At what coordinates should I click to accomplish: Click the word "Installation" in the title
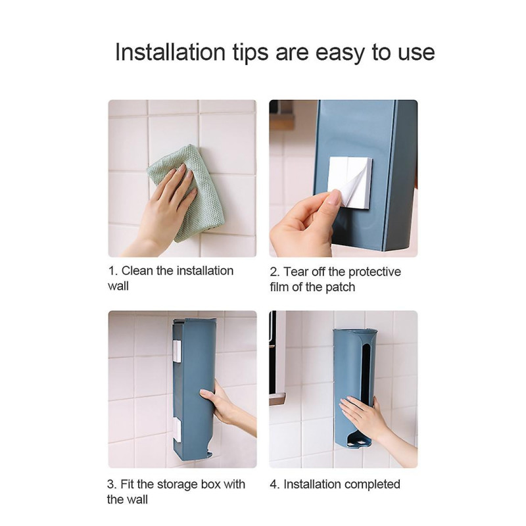170,53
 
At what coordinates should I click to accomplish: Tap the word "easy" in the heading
339,54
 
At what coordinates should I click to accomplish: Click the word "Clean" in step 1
137,271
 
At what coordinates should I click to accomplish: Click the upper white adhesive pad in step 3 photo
177,351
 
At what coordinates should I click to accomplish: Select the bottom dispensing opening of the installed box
359,441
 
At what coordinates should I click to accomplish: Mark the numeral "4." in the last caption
275,485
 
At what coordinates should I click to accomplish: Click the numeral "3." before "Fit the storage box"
112,485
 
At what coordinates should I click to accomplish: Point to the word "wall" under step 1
118,286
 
